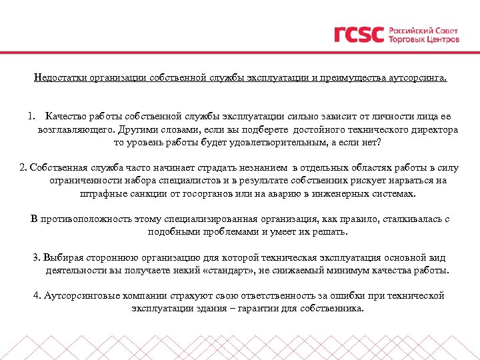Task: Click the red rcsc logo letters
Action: coord(359,34)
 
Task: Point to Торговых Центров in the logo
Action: coord(423,39)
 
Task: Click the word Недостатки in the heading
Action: coord(58,78)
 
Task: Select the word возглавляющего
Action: coord(73,129)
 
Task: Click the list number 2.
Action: coord(23,167)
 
